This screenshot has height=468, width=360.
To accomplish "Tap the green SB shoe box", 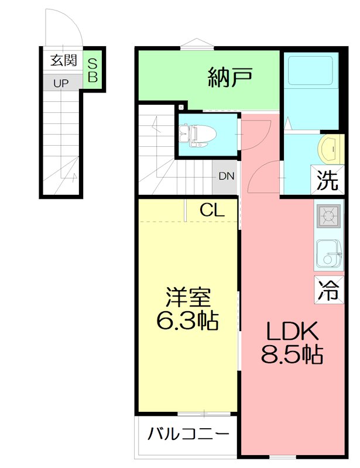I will pos(93,70).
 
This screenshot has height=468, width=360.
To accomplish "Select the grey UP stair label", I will pos(61,83).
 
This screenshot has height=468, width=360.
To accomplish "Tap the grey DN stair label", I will pos(226,175).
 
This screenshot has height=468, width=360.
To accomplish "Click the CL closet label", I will pos(211,210).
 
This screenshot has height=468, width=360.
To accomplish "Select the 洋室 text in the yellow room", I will pos(187,298).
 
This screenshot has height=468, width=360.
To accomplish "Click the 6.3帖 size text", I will pos(187,320).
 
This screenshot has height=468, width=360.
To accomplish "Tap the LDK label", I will pos(292,332).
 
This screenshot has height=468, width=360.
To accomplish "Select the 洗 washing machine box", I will pos(328,181).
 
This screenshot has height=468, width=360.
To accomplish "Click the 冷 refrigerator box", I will pos(328,289).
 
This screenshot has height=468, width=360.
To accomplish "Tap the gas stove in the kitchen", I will pos(328,216).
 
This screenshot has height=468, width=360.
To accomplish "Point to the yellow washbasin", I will pos(330,150).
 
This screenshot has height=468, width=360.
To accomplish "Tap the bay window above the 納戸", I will pos(196,43).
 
